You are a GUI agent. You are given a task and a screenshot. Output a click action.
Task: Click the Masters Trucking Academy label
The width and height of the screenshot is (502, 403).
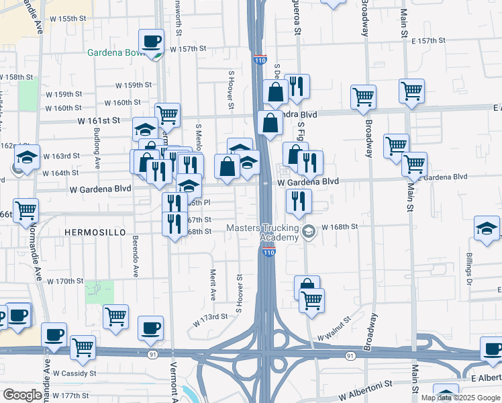click(261, 232)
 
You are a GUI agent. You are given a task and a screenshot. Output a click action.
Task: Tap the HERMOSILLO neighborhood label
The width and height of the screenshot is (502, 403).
click(95, 232)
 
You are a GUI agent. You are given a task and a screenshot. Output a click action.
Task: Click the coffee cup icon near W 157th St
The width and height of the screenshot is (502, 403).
click(152, 42)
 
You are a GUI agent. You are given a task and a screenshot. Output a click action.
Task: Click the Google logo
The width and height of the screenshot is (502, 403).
click(22, 395)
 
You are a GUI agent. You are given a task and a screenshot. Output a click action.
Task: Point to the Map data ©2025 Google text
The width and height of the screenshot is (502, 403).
click(460, 398)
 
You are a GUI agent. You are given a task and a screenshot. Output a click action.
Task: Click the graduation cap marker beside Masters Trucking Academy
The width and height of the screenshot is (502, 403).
click(308, 232)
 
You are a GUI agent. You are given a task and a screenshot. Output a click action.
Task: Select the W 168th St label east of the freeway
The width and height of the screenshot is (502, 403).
click(340, 227)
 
